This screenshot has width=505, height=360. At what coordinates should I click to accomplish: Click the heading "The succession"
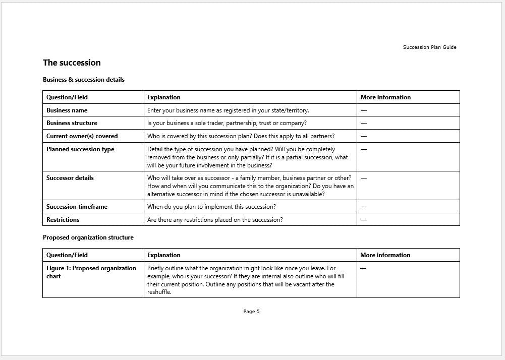pyautogui.click(x=72, y=63)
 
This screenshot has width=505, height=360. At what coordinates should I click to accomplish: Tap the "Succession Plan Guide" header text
pyautogui.click(x=429, y=47)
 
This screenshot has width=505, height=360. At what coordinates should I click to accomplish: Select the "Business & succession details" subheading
pyautogui.click(x=83, y=80)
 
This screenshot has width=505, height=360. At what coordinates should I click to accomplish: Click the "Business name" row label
pyautogui.click(x=67, y=110)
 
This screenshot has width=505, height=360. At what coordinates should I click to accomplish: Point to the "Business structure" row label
pyautogui.click(x=72, y=123)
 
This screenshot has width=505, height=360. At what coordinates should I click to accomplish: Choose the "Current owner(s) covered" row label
pyautogui.click(x=82, y=136)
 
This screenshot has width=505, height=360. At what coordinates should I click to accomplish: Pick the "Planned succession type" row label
pyautogui.click(x=80, y=149)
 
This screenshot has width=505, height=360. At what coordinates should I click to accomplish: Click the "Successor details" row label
pyautogui.click(x=70, y=178)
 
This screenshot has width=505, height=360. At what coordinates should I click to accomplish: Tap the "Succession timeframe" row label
pyautogui.click(x=77, y=207)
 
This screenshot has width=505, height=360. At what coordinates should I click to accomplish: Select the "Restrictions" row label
pyautogui.click(x=63, y=220)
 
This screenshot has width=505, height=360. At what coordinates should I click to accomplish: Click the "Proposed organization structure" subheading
pyautogui.click(x=88, y=237)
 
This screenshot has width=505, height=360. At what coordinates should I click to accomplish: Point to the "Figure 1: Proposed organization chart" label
pyautogui.click(x=91, y=272)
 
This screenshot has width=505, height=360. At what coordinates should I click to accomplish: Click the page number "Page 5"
pyautogui.click(x=251, y=312)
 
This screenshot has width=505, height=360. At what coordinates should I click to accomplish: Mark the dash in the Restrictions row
pyautogui.click(x=364, y=220)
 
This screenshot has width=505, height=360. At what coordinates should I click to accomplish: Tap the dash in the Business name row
pyautogui.click(x=364, y=110)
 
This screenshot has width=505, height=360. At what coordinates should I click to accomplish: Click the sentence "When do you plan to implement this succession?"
pyautogui.click(x=211, y=207)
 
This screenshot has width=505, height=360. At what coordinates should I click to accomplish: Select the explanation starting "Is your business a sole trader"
pyautogui.click(x=227, y=123)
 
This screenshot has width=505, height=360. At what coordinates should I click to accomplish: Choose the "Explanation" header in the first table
pyautogui.click(x=163, y=97)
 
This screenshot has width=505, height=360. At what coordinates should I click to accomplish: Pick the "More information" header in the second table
pyautogui.click(x=385, y=255)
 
